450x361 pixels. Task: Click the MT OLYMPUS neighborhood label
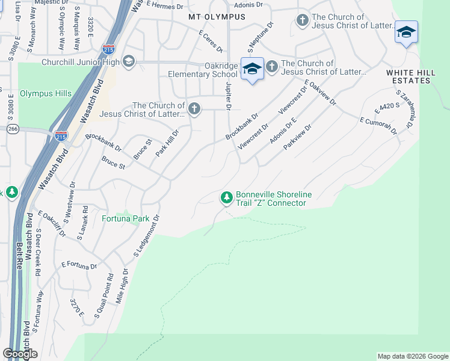[x=217, y=17]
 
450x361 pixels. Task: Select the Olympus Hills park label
[x=46, y=94]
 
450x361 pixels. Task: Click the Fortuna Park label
[x=125, y=218]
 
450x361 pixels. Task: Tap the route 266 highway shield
[x=13, y=129]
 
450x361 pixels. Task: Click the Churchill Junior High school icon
[x=128, y=61]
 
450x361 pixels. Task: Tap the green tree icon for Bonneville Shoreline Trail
[x=226, y=197]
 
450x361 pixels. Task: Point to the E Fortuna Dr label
[x=79, y=265]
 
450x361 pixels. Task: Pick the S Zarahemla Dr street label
[x=404, y=109]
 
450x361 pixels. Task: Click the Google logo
[x=20, y=354]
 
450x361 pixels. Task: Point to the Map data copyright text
[x=412, y=356]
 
